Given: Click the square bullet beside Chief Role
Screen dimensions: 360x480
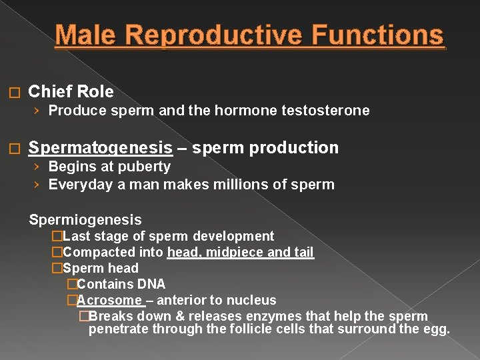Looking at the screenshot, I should (17, 93).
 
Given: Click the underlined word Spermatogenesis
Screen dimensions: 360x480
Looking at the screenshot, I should (100, 148).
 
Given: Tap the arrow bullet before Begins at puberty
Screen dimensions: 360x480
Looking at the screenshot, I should (38, 167).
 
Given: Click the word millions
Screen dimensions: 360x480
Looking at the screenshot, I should (237, 184).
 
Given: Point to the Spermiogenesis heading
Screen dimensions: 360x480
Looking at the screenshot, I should (85, 219).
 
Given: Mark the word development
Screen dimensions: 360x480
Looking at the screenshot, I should (234, 236).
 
